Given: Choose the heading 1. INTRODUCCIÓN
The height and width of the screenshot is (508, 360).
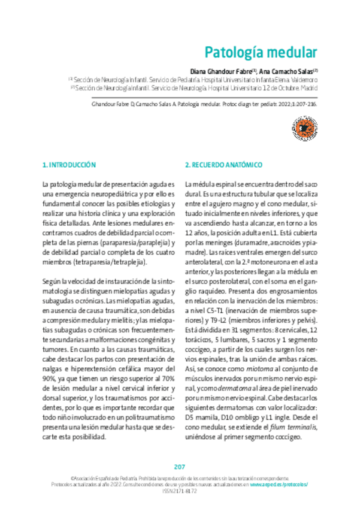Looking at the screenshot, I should [69, 164].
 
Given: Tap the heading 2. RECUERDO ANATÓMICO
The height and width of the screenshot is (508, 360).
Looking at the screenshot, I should [223, 164].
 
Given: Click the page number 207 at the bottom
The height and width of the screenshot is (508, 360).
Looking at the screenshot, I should [180, 467].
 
